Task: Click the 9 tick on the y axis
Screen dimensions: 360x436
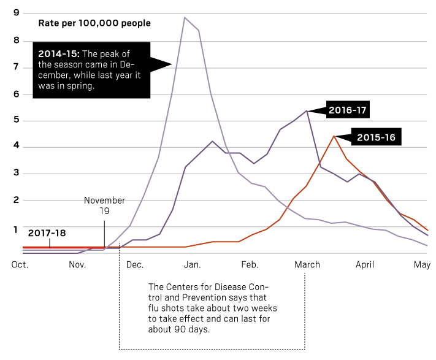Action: tap(16, 13)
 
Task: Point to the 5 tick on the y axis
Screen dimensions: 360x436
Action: tap(16, 120)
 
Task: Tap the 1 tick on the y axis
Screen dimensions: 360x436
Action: tap(16, 228)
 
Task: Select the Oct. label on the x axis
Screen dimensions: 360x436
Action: tap(20, 265)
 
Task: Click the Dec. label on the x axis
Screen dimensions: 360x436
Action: tap(134, 265)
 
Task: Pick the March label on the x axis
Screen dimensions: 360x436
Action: tap(307, 265)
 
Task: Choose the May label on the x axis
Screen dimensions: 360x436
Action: tap(422, 265)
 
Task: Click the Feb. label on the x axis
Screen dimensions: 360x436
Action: tap(250, 265)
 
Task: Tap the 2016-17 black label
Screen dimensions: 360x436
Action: tap(348, 110)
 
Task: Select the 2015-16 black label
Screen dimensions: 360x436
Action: tap(375, 138)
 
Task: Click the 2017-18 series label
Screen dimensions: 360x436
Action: tap(47, 233)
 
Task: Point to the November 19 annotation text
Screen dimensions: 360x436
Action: tap(104, 205)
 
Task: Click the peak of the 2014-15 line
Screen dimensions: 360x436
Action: tap(185, 18)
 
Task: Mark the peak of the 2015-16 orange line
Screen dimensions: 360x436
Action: tap(333, 136)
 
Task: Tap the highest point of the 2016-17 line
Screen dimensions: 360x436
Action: tap(306, 111)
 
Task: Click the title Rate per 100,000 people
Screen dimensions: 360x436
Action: tap(94, 23)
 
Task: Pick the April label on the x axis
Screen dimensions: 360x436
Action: tap(364, 265)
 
